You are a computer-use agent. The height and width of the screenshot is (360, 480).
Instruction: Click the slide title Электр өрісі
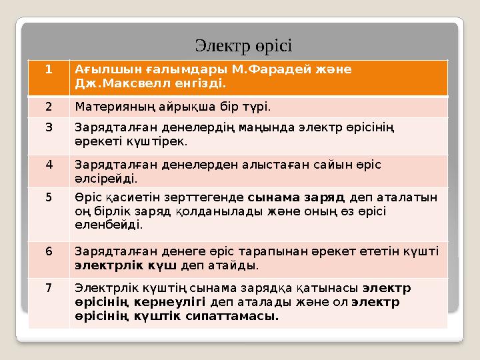click(243, 46)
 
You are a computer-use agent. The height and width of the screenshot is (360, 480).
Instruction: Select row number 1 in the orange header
click(49, 69)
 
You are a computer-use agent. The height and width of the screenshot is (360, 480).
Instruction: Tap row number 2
click(49, 107)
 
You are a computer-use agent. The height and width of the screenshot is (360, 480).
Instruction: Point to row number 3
click(49, 129)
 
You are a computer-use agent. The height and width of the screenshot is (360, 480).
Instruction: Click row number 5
click(49, 197)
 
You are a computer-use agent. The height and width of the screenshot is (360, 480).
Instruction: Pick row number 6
click(49, 251)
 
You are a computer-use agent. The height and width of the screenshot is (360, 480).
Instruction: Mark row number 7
click(49, 288)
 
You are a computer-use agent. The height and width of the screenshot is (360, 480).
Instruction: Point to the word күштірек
click(161, 142)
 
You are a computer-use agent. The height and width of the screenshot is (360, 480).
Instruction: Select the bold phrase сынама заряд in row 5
click(296, 197)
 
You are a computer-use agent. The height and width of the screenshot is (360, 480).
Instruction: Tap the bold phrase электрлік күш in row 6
click(125, 265)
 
